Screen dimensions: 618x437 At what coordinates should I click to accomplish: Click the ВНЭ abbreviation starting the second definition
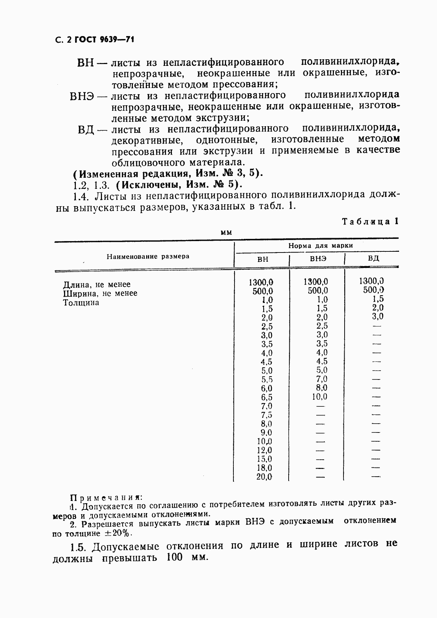click(x=82, y=96)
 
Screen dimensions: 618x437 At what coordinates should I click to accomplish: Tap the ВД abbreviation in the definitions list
click(x=87, y=130)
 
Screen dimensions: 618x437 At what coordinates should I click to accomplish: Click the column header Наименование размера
click(x=148, y=256)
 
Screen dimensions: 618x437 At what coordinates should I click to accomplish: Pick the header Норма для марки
click(x=320, y=246)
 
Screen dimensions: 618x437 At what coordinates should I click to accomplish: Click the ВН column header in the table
click(x=262, y=259)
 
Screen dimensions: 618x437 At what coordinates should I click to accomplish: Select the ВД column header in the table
click(x=373, y=258)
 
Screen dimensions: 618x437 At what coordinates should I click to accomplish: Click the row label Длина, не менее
click(x=97, y=285)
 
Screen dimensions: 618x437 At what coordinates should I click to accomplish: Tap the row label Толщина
click(x=81, y=303)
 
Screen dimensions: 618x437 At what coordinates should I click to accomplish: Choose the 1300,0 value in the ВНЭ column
click(x=316, y=282)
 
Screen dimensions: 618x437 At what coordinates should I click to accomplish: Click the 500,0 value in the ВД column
click(x=373, y=290)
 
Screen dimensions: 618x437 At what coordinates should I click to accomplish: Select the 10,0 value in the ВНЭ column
click(x=319, y=397)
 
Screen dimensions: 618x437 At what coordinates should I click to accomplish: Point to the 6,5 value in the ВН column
click(x=267, y=397)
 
